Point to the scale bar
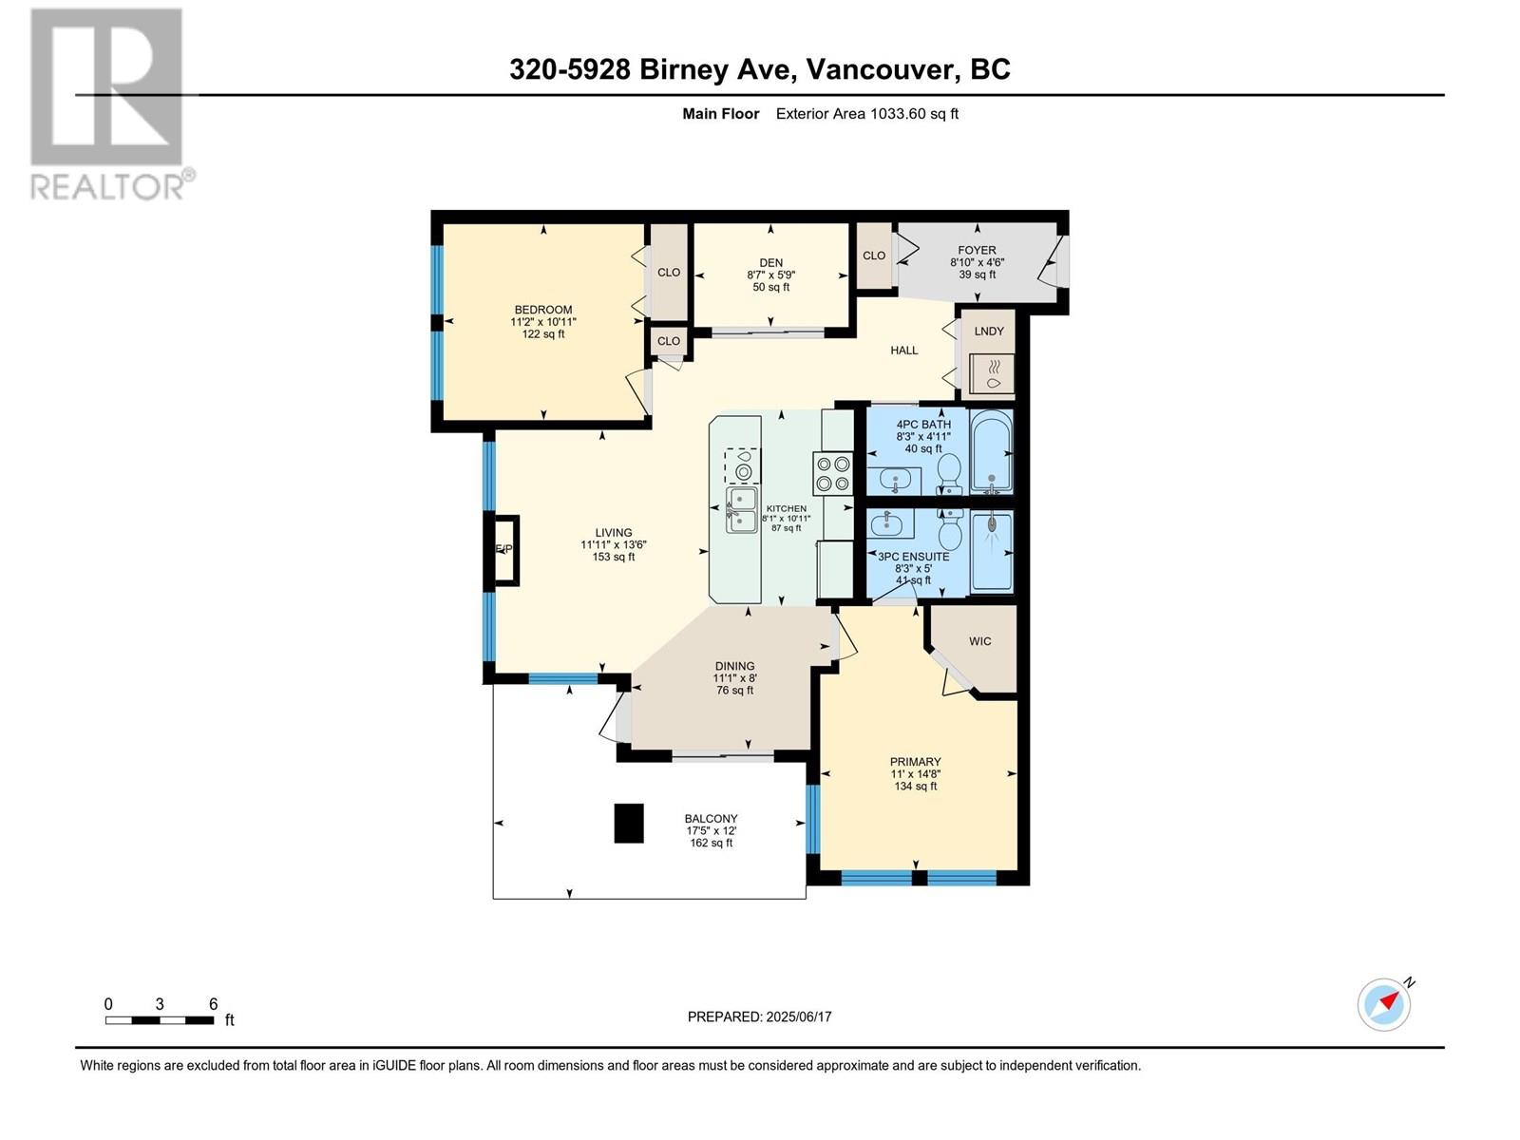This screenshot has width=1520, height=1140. pyautogui.click(x=160, y=1019)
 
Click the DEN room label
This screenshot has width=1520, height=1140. pyautogui.click(x=770, y=263)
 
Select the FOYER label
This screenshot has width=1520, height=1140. pyautogui.click(x=977, y=250)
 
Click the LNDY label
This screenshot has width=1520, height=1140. pyautogui.click(x=988, y=331)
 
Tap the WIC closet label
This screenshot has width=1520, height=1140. pyautogui.click(x=979, y=641)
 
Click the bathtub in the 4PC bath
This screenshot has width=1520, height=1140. pyautogui.click(x=991, y=451)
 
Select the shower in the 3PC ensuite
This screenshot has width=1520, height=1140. pyautogui.click(x=992, y=551)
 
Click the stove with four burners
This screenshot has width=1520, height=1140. pyautogui.click(x=832, y=473)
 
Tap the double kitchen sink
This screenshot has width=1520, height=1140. pyautogui.click(x=741, y=509)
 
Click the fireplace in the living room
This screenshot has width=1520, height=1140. pyautogui.click(x=504, y=550)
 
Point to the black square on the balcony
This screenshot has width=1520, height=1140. pyautogui.click(x=629, y=823)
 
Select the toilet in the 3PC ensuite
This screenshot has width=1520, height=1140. pyautogui.click(x=949, y=529)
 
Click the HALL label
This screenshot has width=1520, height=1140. pyautogui.click(x=903, y=351)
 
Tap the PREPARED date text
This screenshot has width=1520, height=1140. pyautogui.click(x=759, y=1016)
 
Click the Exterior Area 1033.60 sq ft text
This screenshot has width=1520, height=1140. pyautogui.click(x=867, y=114)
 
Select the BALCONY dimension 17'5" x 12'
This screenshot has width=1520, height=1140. pyautogui.click(x=711, y=830)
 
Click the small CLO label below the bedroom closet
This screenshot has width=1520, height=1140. pyautogui.click(x=668, y=341)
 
